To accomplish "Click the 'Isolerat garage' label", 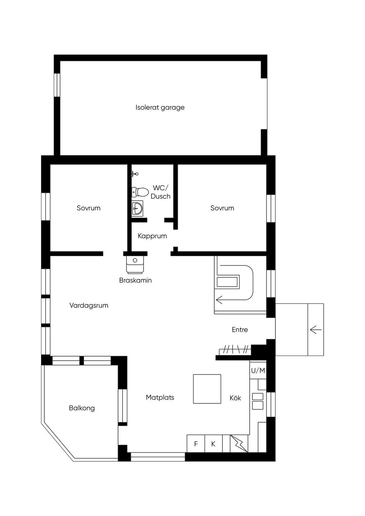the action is [x=160, y=108].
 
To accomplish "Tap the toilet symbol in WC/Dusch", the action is [x=140, y=192].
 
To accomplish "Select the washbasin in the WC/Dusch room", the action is [x=137, y=208].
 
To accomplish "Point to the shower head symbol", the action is [x=135, y=174].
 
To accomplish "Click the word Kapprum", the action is [x=152, y=236].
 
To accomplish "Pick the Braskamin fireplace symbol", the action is [x=135, y=265].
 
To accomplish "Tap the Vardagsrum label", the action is [x=89, y=305].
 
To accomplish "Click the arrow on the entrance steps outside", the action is [x=316, y=330].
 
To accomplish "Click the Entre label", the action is [x=240, y=330].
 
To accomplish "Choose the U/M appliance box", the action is [x=258, y=370].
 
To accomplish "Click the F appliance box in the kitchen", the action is [x=196, y=444].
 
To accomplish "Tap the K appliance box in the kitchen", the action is [x=214, y=444].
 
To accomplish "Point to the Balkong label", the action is [x=82, y=408].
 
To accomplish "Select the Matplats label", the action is [x=160, y=398].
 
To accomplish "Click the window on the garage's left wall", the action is [x=57, y=85].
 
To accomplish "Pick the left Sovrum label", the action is [x=88, y=208].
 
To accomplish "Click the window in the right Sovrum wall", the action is [x=271, y=208].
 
